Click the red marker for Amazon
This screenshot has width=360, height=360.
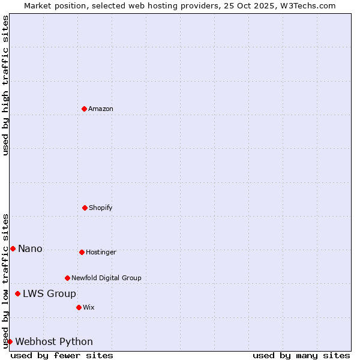[x=84, y=109]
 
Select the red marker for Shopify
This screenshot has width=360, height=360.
[x=85, y=208]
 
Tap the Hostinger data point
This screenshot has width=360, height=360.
[x=82, y=252]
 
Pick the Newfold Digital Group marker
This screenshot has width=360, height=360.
[x=67, y=278]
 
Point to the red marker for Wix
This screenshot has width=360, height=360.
[x=79, y=307]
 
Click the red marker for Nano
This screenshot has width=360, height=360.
[x=13, y=248]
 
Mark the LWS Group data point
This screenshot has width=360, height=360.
[x=17, y=293]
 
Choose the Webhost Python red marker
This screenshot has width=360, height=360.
[x=10, y=341]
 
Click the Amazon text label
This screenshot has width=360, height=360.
[x=101, y=109]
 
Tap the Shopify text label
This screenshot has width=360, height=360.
[x=101, y=208]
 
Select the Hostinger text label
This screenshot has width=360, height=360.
[x=101, y=252]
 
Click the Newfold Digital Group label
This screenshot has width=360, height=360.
[x=106, y=278]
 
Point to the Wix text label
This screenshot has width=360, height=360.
[x=89, y=307]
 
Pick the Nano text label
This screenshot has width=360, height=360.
[x=30, y=248]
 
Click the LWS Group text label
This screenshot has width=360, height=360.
[x=49, y=293]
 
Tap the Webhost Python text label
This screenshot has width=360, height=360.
[x=54, y=341]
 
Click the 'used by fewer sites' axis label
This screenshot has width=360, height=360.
[x=62, y=355]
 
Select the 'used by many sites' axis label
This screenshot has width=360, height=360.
[x=301, y=355]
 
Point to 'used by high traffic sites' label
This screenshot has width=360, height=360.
[x=5, y=85]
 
